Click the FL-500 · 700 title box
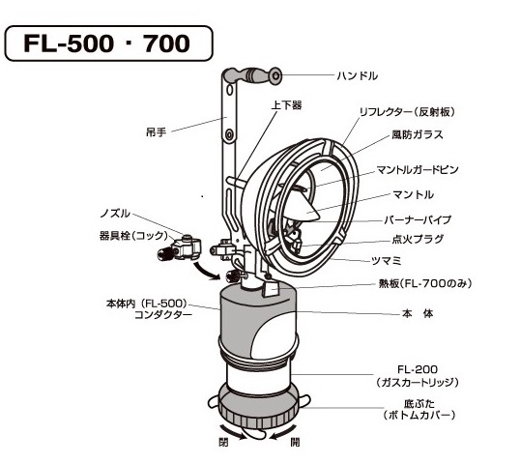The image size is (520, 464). [108, 43]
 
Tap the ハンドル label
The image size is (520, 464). [358, 76]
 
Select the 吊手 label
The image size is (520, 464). [156, 132]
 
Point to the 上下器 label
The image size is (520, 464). [286, 105]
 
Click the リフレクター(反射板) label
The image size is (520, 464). [408, 112]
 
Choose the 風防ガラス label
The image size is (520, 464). [418, 134]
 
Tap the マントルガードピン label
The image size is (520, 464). [418, 170]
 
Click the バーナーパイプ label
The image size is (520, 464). [418, 219]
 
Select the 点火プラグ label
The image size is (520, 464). [418, 239]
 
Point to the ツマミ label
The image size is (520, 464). [387, 261]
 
